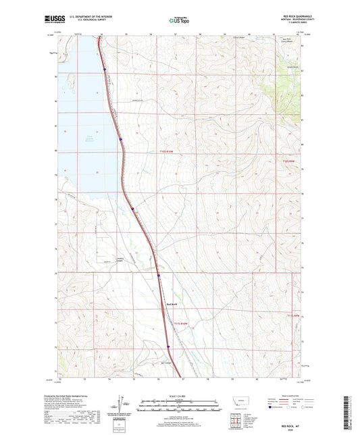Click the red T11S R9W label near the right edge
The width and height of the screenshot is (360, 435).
[x=289, y=161]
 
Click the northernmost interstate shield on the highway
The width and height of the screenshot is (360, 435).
[x=104, y=68]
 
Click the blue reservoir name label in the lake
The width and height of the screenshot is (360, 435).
[x=87, y=139]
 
